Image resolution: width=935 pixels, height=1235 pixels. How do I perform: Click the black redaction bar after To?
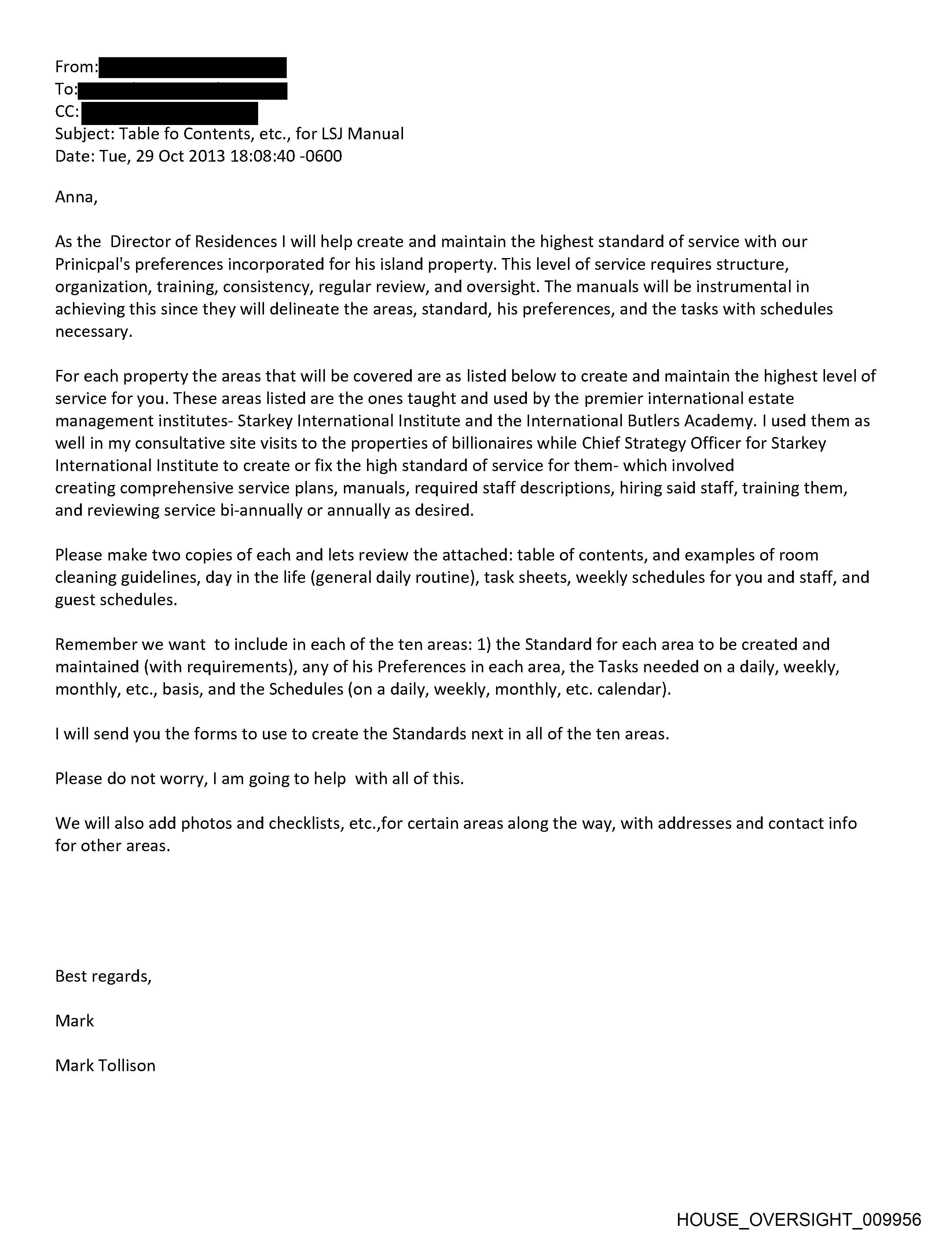[183, 90]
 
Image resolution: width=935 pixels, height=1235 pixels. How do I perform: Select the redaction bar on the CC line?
[169, 113]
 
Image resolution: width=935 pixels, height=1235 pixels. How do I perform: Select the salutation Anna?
[76, 197]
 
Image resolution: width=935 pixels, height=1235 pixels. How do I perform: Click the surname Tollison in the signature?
[127, 1065]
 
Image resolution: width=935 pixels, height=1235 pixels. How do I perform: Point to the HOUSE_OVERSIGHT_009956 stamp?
[799, 1219]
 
